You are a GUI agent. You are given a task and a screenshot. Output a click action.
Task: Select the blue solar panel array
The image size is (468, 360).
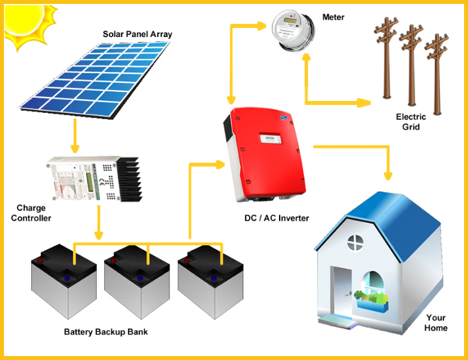[98, 80]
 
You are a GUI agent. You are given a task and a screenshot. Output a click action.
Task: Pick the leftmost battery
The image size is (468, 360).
[62, 285]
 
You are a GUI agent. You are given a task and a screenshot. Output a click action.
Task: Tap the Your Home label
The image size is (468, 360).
[436, 322]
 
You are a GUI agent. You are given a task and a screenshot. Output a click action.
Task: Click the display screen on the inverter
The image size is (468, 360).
[269, 139]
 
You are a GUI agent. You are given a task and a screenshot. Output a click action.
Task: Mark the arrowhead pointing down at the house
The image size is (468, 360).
[388, 175]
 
